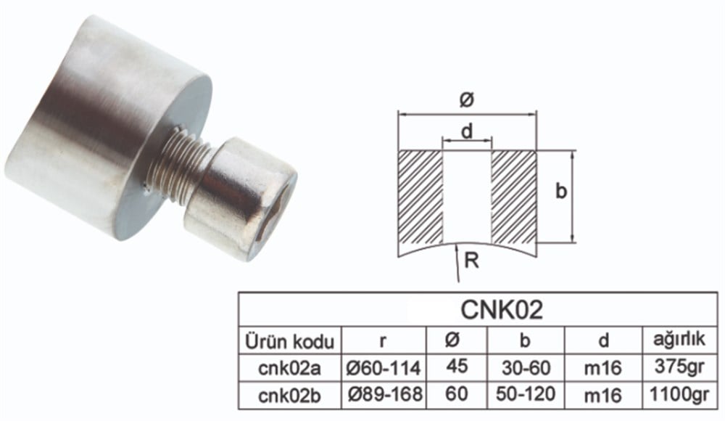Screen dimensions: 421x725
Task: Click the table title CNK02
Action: pyautogui.click(x=502, y=310)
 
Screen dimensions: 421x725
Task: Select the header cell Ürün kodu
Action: pyautogui.click(x=290, y=341)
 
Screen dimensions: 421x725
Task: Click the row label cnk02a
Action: pyautogui.click(x=290, y=367)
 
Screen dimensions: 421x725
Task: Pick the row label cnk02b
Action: pyautogui.click(x=290, y=394)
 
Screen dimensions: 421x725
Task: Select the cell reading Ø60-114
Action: pyautogui.click(x=384, y=367)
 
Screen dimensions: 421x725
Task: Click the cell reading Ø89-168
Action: pyautogui.click(x=384, y=394)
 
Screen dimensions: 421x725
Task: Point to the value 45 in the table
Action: pyautogui.click(x=456, y=367)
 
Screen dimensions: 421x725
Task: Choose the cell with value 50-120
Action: pyautogui.click(x=526, y=394)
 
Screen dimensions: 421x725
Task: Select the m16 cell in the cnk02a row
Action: pyautogui.click(x=602, y=367)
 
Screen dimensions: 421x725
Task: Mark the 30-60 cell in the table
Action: pyautogui.click(x=526, y=367)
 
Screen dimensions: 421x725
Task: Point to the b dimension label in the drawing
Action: pyautogui.click(x=560, y=192)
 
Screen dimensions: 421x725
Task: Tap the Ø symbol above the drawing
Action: pyautogui.click(x=466, y=102)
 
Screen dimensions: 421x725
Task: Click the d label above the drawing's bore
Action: pyautogui.click(x=467, y=131)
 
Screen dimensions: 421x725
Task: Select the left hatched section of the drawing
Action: pyautogui.click(x=420, y=196)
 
